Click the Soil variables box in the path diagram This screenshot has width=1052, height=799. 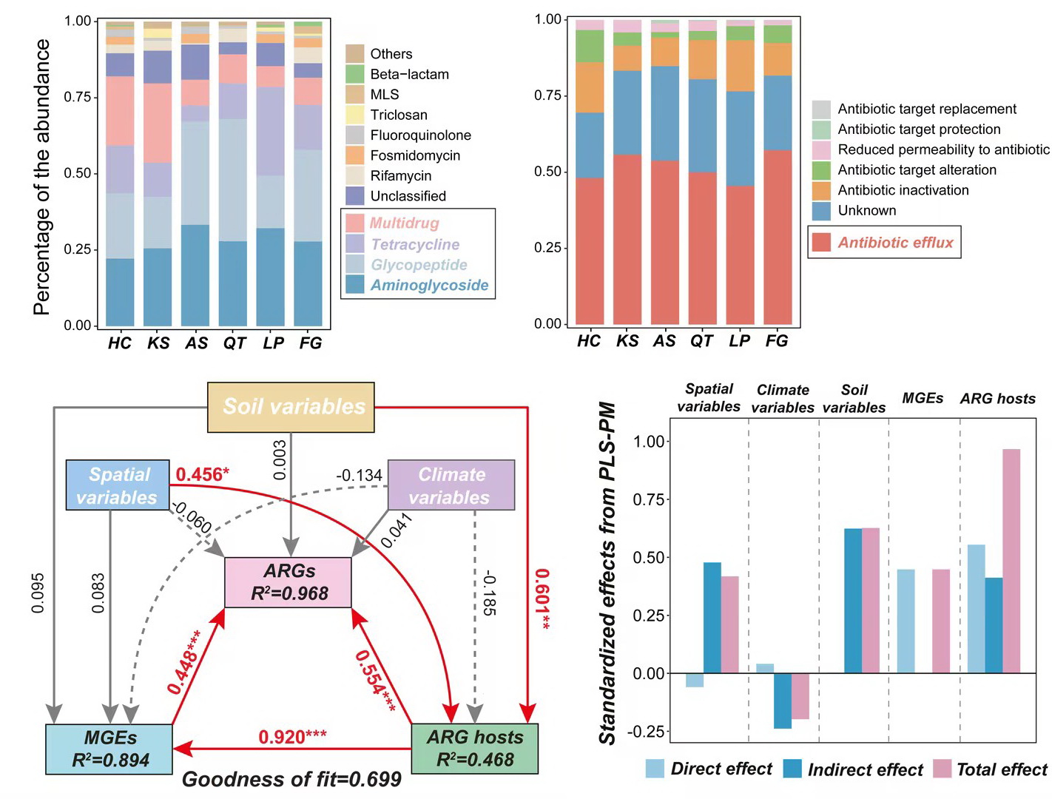[291, 407]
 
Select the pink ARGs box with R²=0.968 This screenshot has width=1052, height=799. [289, 582]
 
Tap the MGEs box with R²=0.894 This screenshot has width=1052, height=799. [109, 749]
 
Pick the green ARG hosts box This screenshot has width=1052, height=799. [474, 749]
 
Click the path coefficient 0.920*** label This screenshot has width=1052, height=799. [292, 737]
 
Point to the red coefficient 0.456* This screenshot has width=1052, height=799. [202, 474]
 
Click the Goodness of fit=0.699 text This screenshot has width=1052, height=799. [291, 779]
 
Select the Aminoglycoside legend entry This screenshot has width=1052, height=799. [429, 285]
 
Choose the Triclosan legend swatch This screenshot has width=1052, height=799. [355, 115]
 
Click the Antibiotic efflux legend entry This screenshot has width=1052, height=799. [895, 242]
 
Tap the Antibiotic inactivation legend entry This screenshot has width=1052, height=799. [903, 190]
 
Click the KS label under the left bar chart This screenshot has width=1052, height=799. [158, 343]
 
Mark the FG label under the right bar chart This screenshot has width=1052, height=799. [777, 341]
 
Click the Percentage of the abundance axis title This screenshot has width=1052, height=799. [42, 178]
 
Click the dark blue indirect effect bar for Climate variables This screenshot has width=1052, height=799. [783, 701]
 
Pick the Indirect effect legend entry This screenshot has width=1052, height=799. [865, 769]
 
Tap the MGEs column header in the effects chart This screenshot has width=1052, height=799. [923, 398]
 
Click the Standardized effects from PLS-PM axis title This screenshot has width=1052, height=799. [607, 573]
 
